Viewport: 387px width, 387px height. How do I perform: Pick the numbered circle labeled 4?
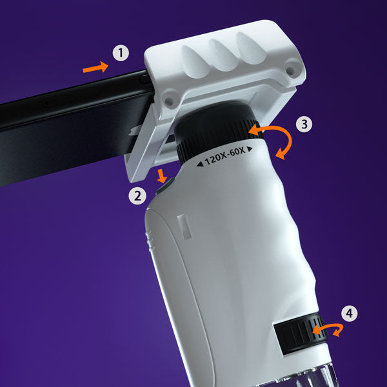[x=349, y=314]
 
